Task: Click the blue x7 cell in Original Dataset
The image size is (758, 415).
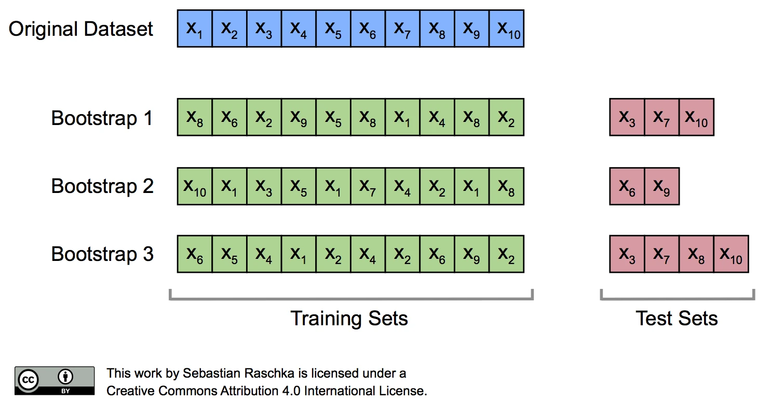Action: [x=402, y=29]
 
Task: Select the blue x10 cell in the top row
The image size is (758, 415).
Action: [x=507, y=29]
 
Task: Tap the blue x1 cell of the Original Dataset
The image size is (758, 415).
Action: [x=195, y=29]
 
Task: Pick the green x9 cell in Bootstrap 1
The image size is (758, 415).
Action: [x=299, y=117]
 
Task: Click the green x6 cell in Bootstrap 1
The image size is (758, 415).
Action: [x=229, y=117]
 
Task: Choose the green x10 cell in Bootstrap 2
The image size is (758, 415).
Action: [x=195, y=186]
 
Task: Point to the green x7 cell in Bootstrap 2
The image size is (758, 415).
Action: [x=368, y=186]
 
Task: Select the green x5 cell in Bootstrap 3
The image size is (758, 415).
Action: [x=229, y=254]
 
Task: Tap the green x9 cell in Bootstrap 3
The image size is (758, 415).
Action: [x=472, y=254]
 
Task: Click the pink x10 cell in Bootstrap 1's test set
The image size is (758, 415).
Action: [x=697, y=117]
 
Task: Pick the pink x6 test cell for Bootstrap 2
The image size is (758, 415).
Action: [x=627, y=186]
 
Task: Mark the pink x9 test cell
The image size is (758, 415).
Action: [x=662, y=186]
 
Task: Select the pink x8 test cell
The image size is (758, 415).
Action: [x=697, y=254]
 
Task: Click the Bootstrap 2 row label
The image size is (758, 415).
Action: [x=102, y=186]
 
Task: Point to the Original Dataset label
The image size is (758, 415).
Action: [x=80, y=29]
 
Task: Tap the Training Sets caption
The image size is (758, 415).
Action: [x=349, y=319]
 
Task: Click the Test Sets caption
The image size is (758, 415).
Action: [x=677, y=319]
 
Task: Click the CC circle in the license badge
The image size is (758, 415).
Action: [x=29, y=380]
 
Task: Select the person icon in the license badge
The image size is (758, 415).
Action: [x=65, y=377]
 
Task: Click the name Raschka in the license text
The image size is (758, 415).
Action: [x=269, y=373]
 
